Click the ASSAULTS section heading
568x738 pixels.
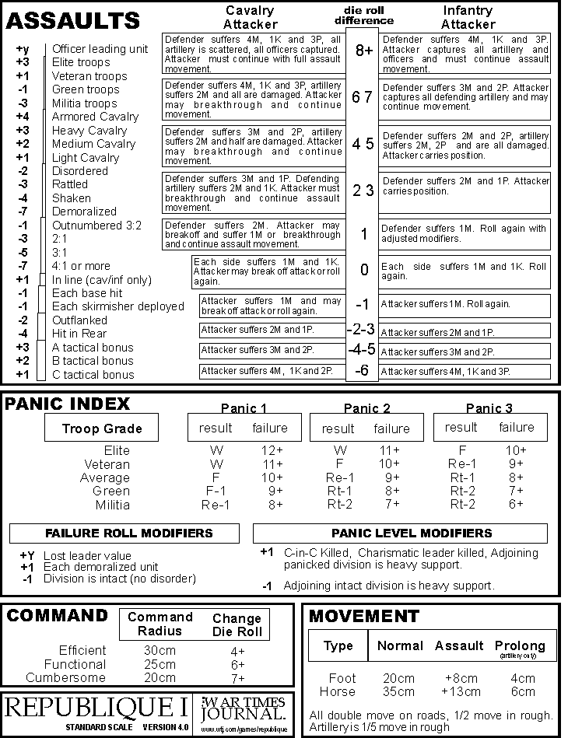click(x=73, y=20)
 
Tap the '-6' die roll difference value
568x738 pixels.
click(x=362, y=371)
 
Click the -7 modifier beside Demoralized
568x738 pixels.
click(x=23, y=212)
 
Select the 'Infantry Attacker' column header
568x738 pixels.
click(x=467, y=17)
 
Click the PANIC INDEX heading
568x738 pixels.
click(x=68, y=404)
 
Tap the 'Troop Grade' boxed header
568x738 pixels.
click(x=102, y=428)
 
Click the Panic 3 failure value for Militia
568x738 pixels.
click(x=516, y=504)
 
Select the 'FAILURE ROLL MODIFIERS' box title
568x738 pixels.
click(x=124, y=533)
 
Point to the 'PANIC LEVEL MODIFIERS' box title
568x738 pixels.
click(x=412, y=533)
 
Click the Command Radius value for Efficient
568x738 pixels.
click(x=160, y=650)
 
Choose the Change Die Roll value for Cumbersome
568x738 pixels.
click(x=237, y=678)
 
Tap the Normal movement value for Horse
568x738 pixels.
click(x=400, y=691)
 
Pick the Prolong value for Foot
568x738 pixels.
click(x=524, y=678)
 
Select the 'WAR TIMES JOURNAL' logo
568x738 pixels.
click(x=243, y=708)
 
